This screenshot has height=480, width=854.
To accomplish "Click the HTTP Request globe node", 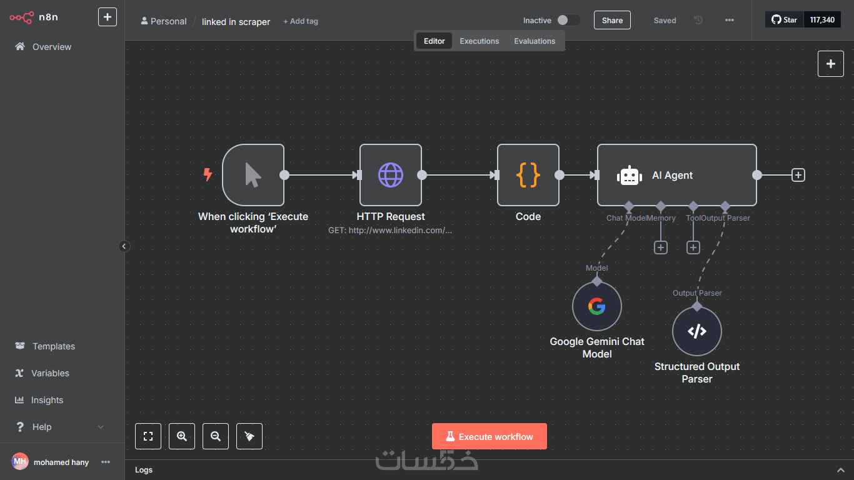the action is pos(390,175).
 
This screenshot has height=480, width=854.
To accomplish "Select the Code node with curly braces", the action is pos(528,175).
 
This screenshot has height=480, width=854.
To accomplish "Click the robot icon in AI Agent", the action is pos(629,176).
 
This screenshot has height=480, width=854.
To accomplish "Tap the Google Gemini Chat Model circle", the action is pos(596,306).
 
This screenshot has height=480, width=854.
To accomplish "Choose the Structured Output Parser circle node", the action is pos(697,331).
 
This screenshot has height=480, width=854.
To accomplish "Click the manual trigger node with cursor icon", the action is pos(253,175).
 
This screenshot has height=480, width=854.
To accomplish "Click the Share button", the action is pos(612,20).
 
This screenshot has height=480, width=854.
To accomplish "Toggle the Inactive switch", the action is pos(568,20).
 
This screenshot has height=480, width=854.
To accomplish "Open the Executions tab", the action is pos(480,41).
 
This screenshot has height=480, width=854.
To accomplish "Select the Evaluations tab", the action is pos(535,41).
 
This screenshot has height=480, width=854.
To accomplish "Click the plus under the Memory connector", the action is pos(661,247).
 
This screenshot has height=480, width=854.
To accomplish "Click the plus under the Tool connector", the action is pos(693,247).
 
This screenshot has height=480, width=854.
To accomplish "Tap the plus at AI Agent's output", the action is pos(798,175).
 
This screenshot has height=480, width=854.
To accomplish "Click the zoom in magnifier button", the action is pos(182,436).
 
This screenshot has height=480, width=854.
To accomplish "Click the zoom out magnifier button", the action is pos(216,436).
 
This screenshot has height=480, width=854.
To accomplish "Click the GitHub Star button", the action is pos(784,20).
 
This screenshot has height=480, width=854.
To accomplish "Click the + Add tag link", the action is pos(301,21).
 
